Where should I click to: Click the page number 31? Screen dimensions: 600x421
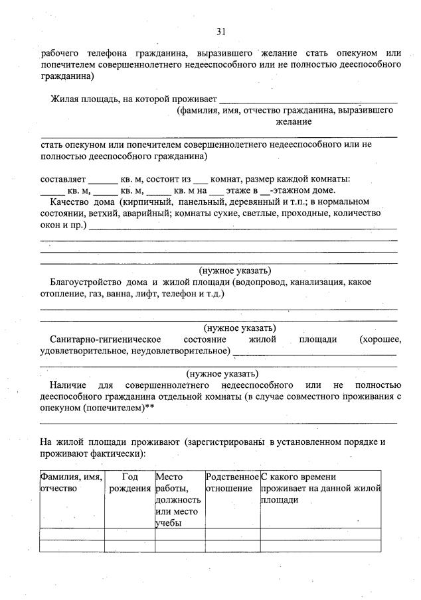point(222,31)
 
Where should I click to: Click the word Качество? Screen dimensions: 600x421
point(70,201)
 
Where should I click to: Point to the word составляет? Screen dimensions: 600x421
point(63,178)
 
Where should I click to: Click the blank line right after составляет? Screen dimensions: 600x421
point(102,180)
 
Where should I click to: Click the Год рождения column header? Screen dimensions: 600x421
point(129,483)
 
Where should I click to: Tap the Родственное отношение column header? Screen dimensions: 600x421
point(232,483)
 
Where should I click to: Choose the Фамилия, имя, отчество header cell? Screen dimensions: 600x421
point(72,483)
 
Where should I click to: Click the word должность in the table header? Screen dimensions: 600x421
point(173,501)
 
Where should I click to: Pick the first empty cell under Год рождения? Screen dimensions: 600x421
point(129,534)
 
